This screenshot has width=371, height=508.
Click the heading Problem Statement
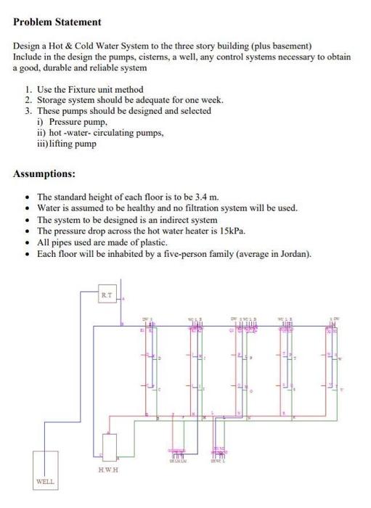pos(57,22)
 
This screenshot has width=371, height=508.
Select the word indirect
pos(175,219)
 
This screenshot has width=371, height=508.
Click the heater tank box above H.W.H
pos(109,447)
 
